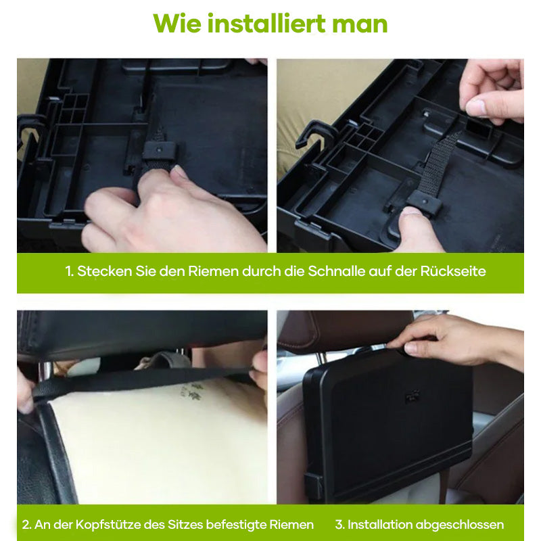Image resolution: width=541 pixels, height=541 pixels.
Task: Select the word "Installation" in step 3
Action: click(x=384, y=525)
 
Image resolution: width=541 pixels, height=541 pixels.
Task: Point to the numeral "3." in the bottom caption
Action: click(x=339, y=525)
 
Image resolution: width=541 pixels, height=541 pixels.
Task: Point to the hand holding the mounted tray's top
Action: click(x=453, y=335)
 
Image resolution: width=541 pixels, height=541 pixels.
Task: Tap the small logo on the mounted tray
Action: click(x=412, y=397)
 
